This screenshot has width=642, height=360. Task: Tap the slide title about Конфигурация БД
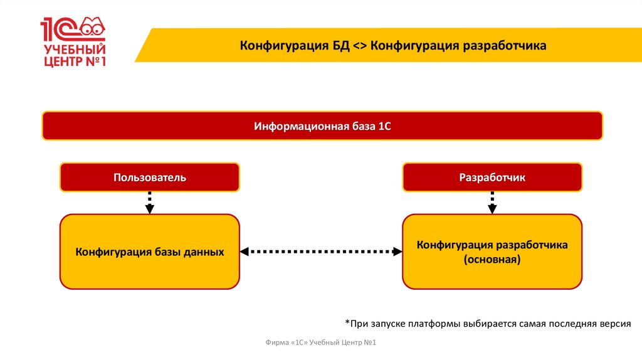point(394,45)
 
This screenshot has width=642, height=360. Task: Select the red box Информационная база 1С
point(322,125)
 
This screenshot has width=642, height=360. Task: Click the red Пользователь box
point(150,177)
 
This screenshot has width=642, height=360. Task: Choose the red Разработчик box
point(492,177)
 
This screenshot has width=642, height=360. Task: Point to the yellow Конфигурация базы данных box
point(150,251)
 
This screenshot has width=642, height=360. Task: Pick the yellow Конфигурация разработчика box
point(492,251)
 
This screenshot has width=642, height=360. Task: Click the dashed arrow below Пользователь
point(150,203)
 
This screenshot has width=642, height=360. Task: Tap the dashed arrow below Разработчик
point(492,203)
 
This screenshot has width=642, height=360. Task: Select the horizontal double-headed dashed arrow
point(321,251)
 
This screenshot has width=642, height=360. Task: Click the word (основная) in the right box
point(492,258)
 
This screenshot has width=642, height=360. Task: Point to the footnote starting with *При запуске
point(487,324)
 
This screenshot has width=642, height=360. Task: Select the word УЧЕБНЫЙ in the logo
point(73,49)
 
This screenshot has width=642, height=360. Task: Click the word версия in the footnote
point(614,324)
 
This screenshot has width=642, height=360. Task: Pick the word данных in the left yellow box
point(205,252)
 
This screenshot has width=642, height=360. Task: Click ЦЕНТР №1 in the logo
point(73,62)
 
